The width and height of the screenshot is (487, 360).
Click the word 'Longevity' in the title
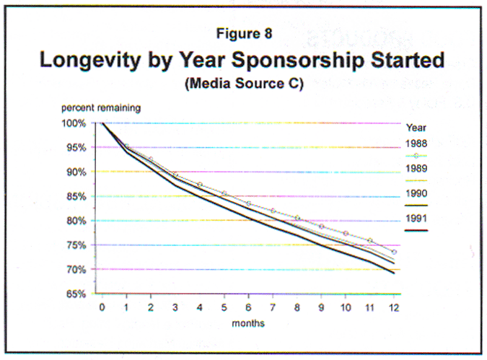(x=92, y=59)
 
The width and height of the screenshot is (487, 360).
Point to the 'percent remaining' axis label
(x=101, y=107)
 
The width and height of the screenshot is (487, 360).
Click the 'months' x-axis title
(x=248, y=323)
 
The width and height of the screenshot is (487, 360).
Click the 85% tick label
(x=76, y=196)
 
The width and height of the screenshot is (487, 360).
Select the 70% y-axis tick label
(x=76, y=270)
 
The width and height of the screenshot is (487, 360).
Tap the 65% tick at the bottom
(x=76, y=294)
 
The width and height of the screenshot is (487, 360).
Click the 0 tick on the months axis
(x=102, y=307)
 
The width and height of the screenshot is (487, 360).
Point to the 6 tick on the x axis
(x=248, y=307)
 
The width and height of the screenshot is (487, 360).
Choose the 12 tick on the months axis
(x=394, y=307)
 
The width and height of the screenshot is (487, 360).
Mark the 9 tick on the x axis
(x=321, y=307)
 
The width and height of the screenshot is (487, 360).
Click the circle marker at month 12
(x=394, y=252)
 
